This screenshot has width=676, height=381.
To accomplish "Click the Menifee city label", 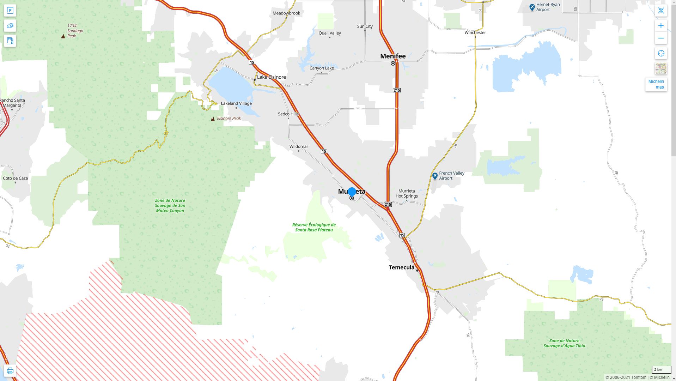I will [x=393, y=56].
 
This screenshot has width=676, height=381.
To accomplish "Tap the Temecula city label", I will [x=401, y=267].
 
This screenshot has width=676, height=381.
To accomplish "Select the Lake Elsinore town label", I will [x=271, y=77].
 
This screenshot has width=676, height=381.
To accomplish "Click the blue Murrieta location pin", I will [x=352, y=192].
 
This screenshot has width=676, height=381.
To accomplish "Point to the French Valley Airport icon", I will [x=435, y=176].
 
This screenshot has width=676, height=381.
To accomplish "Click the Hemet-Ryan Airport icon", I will [x=532, y=7].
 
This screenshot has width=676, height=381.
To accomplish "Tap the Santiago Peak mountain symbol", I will [x=63, y=36].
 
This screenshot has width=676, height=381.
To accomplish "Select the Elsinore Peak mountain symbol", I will [x=213, y=119].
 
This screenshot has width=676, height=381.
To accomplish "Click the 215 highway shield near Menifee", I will [x=396, y=90].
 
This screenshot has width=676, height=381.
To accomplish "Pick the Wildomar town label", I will [x=299, y=146].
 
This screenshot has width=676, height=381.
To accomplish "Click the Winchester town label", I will [x=475, y=32].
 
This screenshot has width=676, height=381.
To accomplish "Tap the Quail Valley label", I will [x=330, y=33].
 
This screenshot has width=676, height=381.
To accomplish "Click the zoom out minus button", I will [x=661, y=38].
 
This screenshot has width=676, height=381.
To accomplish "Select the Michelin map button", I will [x=656, y=84].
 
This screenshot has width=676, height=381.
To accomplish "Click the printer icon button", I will [x=10, y=371].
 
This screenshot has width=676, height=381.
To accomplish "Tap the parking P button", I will [x=10, y=11].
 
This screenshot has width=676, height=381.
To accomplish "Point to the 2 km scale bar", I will [x=661, y=370].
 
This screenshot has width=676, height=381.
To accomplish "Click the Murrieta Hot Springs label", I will [x=407, y=193].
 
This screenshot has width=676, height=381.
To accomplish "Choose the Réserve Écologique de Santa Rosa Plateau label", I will [x=314, y=227].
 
